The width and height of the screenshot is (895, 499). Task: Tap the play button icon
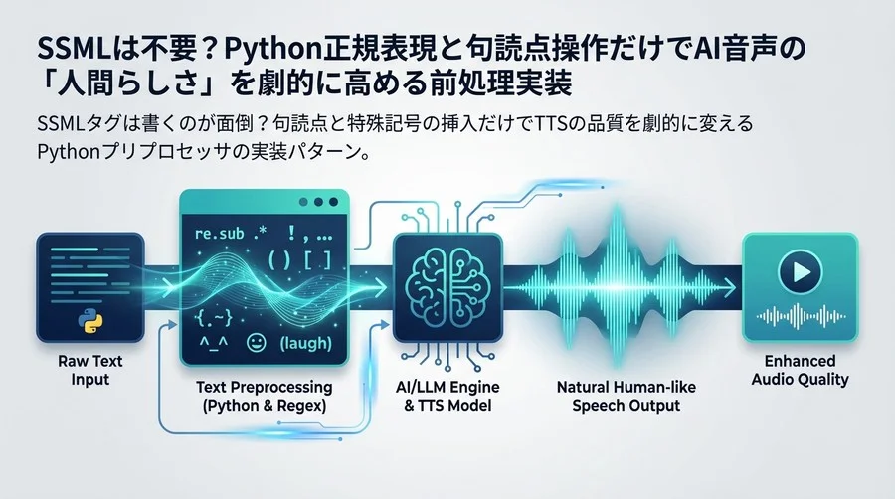click(x=800, y=271)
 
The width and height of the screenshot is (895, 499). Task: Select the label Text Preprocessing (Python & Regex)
click(x=264, y=395)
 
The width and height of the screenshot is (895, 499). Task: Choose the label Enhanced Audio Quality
click(x=801, y=370)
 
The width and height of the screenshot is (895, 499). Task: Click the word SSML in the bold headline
click(x=66, y=48)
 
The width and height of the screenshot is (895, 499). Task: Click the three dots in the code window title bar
click(x=318, y=202)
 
